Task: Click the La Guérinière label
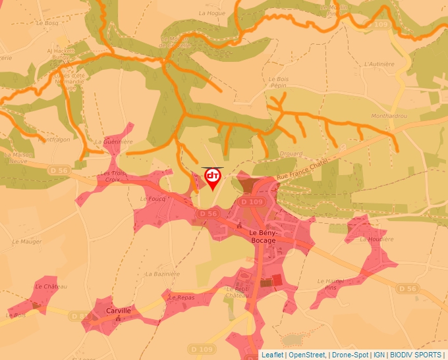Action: coord(113,141)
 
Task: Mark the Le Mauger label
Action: coord(27,242)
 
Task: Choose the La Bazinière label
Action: coord(162,274)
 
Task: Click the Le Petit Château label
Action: coord(237,292)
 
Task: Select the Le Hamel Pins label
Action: coord(331,284)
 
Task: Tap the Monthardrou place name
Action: coord(389,116)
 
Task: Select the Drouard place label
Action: coord(291,155)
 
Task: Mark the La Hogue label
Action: coord(211,13)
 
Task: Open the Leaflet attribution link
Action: coord(273,355)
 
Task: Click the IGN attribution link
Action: coord(379,355)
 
